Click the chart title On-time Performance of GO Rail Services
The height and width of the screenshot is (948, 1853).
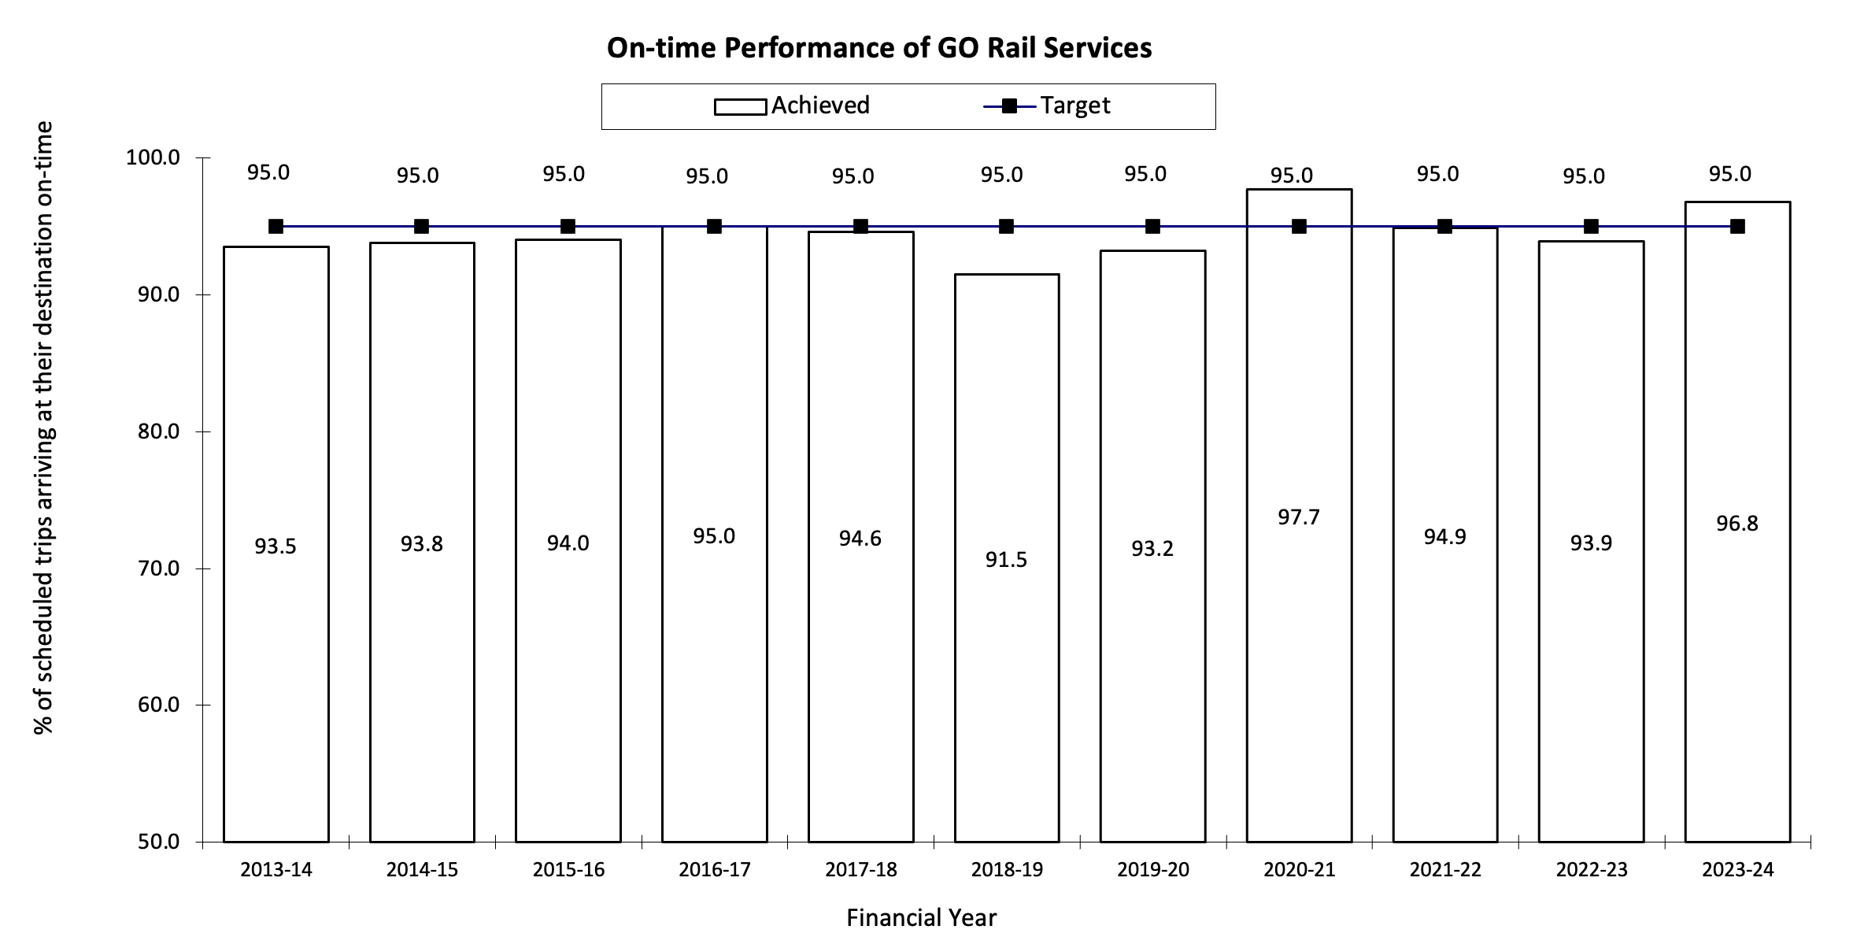coord(878,48)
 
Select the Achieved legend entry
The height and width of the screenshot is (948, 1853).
coord(792,106)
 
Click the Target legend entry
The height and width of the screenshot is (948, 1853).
coord(1047,106)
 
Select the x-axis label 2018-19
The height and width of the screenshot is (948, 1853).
coord(1006,870)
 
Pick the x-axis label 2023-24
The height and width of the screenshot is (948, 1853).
coord(1737,870)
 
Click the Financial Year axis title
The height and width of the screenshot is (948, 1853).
coord(921,918)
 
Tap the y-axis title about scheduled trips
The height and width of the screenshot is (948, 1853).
coord(44,427)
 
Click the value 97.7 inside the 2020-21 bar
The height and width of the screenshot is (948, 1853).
coord(1299,517)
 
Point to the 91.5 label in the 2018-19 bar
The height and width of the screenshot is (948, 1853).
coord(1006,560)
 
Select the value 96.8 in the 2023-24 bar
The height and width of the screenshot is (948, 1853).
coord(1737,524)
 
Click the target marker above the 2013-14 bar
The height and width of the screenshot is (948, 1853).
coord(276,227)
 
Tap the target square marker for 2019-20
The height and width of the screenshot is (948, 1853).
coord(1152,227)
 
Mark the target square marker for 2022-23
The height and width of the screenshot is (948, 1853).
coord(1591,227)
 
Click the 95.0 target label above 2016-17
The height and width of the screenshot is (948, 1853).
coord(707,177)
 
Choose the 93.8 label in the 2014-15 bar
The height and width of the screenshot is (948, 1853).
coord(422,544)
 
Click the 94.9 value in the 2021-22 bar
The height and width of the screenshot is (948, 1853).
coord(1445,537)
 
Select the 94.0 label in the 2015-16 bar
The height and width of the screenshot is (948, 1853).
coord(568,543)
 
